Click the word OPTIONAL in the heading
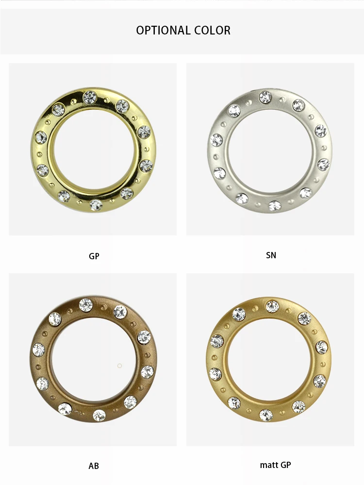click(x=163, y=30)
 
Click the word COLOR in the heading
click(x=213, y=30)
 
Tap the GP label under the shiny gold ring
click(x=94, y=256)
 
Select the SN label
click(x=271, y=255)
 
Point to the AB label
click(x=94, y=466)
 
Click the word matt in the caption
click(x=268, y=465)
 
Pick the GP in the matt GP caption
click(x=286, y=465)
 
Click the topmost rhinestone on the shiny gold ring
click(x=90, y=97)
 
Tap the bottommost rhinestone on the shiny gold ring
click(x=96, y=205)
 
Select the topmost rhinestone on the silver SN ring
click(x=265, y=97)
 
